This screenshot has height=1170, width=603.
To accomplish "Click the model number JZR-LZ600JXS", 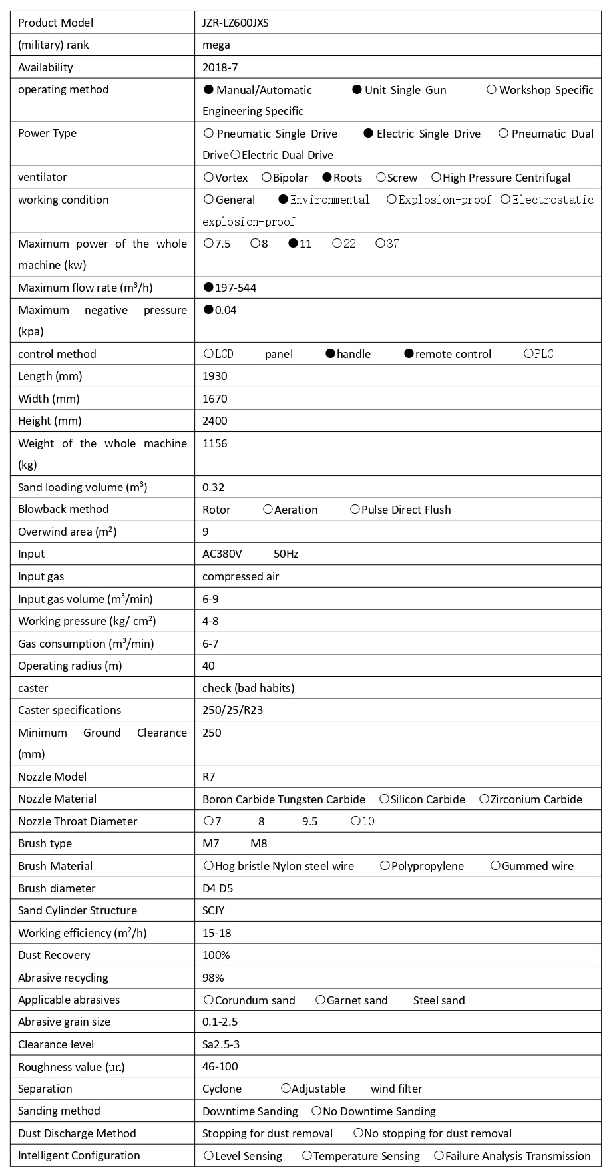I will [235, 23].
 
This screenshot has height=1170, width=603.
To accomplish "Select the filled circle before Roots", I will [327, 177].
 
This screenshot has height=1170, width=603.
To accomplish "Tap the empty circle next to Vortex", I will [208, 177].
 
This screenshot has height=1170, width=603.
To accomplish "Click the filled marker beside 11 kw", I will [293, 243].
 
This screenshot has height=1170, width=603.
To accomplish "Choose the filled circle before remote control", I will [409, 353].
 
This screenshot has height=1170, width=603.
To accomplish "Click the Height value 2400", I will [214, 421].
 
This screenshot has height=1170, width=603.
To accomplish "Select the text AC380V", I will [222, 554].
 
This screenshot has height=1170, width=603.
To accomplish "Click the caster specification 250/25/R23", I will [232, 710].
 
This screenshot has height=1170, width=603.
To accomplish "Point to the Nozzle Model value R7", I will [208, 777].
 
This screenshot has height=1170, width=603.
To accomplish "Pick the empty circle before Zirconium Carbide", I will [484, 799].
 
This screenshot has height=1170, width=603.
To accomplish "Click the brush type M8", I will [258, 843].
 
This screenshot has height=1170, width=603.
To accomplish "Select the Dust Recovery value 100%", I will [216, 955].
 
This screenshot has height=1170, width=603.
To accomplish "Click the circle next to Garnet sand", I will [320, 1000].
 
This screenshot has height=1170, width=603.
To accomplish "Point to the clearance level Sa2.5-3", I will [221, 1044].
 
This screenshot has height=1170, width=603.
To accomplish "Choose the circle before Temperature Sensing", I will [307, 1156].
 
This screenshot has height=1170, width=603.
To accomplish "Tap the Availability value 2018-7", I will [220, 67].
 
